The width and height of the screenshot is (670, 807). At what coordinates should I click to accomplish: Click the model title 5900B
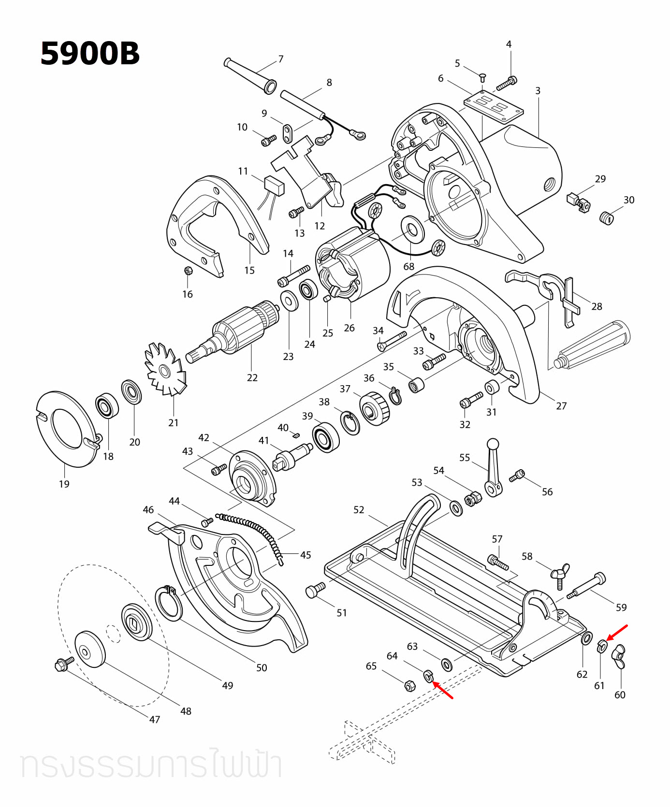(x=90, y=53)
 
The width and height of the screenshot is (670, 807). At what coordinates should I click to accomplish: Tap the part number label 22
(x=252, y=377)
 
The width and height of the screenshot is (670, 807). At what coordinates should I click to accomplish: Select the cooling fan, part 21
(x=165, y=370)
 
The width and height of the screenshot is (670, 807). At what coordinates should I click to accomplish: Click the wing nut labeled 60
(x=618, y=656)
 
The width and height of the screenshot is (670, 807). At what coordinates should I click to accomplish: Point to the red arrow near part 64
(x=443, y=690)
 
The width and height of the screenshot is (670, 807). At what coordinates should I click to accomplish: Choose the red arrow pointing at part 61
(x=617, y=632)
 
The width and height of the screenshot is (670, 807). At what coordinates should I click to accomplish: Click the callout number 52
(x=358, y=510)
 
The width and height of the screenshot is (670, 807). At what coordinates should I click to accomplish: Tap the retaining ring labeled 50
(x=169, y=603)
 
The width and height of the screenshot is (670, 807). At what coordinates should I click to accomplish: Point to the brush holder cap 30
(x=606, y=217)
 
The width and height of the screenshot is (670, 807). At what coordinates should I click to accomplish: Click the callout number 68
(x=408, y=266)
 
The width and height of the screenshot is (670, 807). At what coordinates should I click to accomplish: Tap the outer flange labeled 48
(x=90, y=649)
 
